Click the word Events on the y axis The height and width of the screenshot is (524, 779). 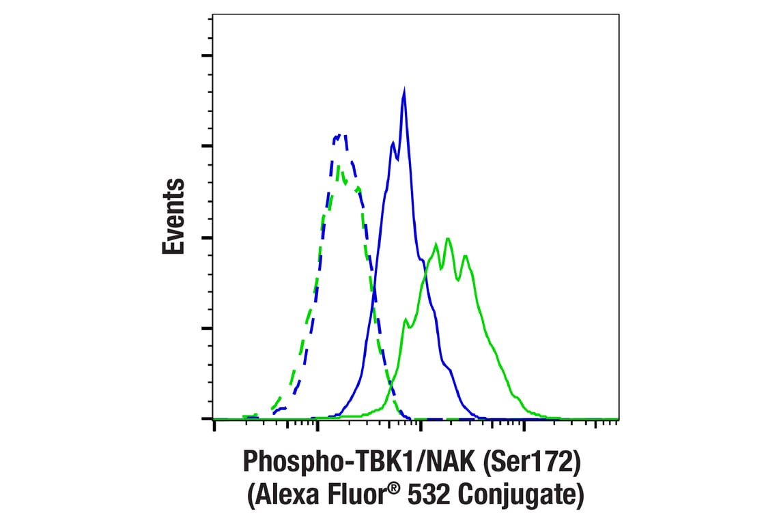tap(174, 216)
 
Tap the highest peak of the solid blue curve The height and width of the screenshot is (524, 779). tap(404, 91)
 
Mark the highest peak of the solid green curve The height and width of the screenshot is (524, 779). tap(448, 238)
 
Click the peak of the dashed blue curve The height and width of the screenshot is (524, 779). tap(339, 135)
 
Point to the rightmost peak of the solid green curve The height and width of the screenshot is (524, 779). tap(465, 256)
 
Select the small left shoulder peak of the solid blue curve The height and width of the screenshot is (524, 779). tap(393, 143)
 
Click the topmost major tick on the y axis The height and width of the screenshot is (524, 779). tap(208, 55)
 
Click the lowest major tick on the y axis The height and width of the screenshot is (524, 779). tap(208, 418)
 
